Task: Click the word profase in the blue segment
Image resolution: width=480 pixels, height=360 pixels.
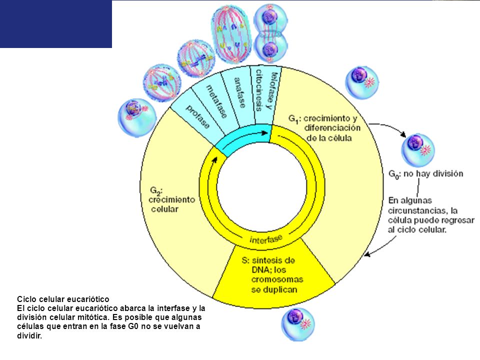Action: point(198,117)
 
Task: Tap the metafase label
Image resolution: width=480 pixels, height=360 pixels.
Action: point(216,101)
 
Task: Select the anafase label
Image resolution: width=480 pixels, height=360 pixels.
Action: point(239,93)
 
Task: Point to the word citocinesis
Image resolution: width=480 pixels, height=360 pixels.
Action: point(258,90)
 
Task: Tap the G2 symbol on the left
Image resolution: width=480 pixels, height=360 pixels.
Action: point(155,191)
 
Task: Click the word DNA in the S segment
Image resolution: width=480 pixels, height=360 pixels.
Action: point(261,270)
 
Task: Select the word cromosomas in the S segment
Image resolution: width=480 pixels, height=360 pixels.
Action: point(277,279)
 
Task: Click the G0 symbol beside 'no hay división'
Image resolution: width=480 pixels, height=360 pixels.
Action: point(393,174)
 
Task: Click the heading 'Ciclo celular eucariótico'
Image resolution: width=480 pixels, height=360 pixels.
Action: point(63,299)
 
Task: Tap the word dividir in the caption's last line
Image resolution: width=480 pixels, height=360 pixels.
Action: point(29,335)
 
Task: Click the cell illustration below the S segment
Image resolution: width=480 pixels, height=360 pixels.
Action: point(298,324)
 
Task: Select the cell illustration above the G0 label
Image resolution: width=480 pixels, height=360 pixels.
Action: point(418,150)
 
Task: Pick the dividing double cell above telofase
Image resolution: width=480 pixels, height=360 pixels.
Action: point(270,33)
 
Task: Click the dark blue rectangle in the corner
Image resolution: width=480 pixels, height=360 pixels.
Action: point(55,24)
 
